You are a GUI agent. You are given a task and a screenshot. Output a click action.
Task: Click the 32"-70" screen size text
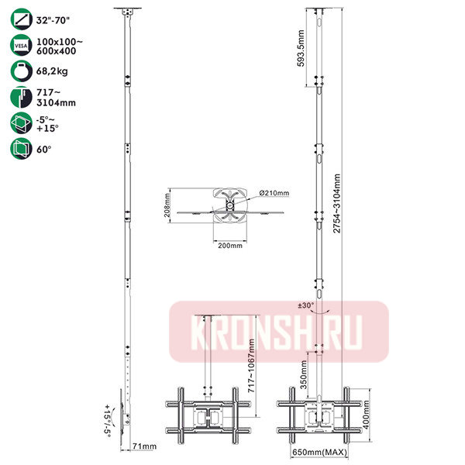click(53, 20)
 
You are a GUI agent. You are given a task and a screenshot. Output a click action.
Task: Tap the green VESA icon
click(21, 45)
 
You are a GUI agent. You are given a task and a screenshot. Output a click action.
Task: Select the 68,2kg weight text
click(52, 71)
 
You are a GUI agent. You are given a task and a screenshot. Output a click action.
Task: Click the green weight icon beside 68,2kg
click(21, 71)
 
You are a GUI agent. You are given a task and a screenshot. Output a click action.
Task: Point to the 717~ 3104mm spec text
click(56, 98)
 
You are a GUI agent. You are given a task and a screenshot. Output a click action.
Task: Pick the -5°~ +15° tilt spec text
click(47, 124)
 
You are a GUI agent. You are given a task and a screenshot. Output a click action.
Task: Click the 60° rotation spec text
click(44, 150)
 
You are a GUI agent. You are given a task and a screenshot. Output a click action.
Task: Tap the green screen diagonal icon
click(21, 19)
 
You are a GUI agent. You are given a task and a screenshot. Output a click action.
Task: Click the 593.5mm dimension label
click(301, 48)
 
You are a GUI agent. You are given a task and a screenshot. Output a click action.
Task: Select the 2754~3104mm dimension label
click(336, 203)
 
